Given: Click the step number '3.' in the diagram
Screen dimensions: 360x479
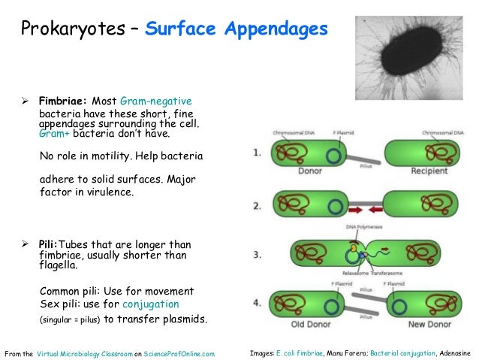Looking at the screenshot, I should [x=258, y=255].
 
